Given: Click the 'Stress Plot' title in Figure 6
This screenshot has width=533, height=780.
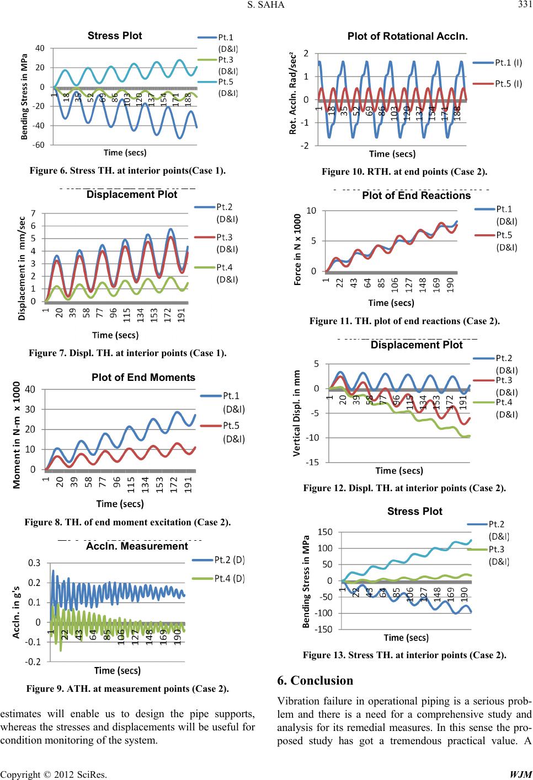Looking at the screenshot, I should (115, 36).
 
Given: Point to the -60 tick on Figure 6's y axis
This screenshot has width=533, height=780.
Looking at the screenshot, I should (39, 145).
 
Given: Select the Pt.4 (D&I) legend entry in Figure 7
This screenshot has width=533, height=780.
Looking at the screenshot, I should (227, 273).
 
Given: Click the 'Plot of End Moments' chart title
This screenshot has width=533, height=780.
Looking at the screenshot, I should (143, 378).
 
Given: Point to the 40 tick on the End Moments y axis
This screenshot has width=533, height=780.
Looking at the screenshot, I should (31, 389).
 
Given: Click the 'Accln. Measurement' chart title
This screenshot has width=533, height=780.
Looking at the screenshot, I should (137, 546).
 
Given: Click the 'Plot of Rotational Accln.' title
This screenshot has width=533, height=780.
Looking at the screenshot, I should (408, 36).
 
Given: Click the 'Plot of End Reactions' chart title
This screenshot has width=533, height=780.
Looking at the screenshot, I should (416, 196).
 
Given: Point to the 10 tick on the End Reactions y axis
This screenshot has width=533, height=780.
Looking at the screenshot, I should (311, 211).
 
